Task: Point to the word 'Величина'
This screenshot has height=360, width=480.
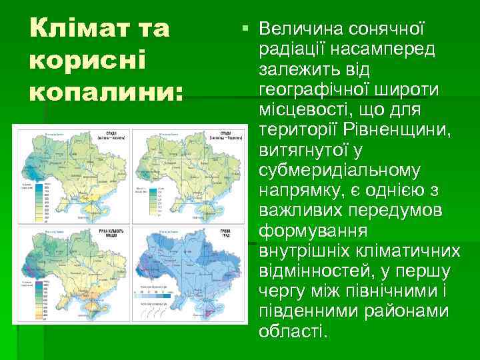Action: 299,29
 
